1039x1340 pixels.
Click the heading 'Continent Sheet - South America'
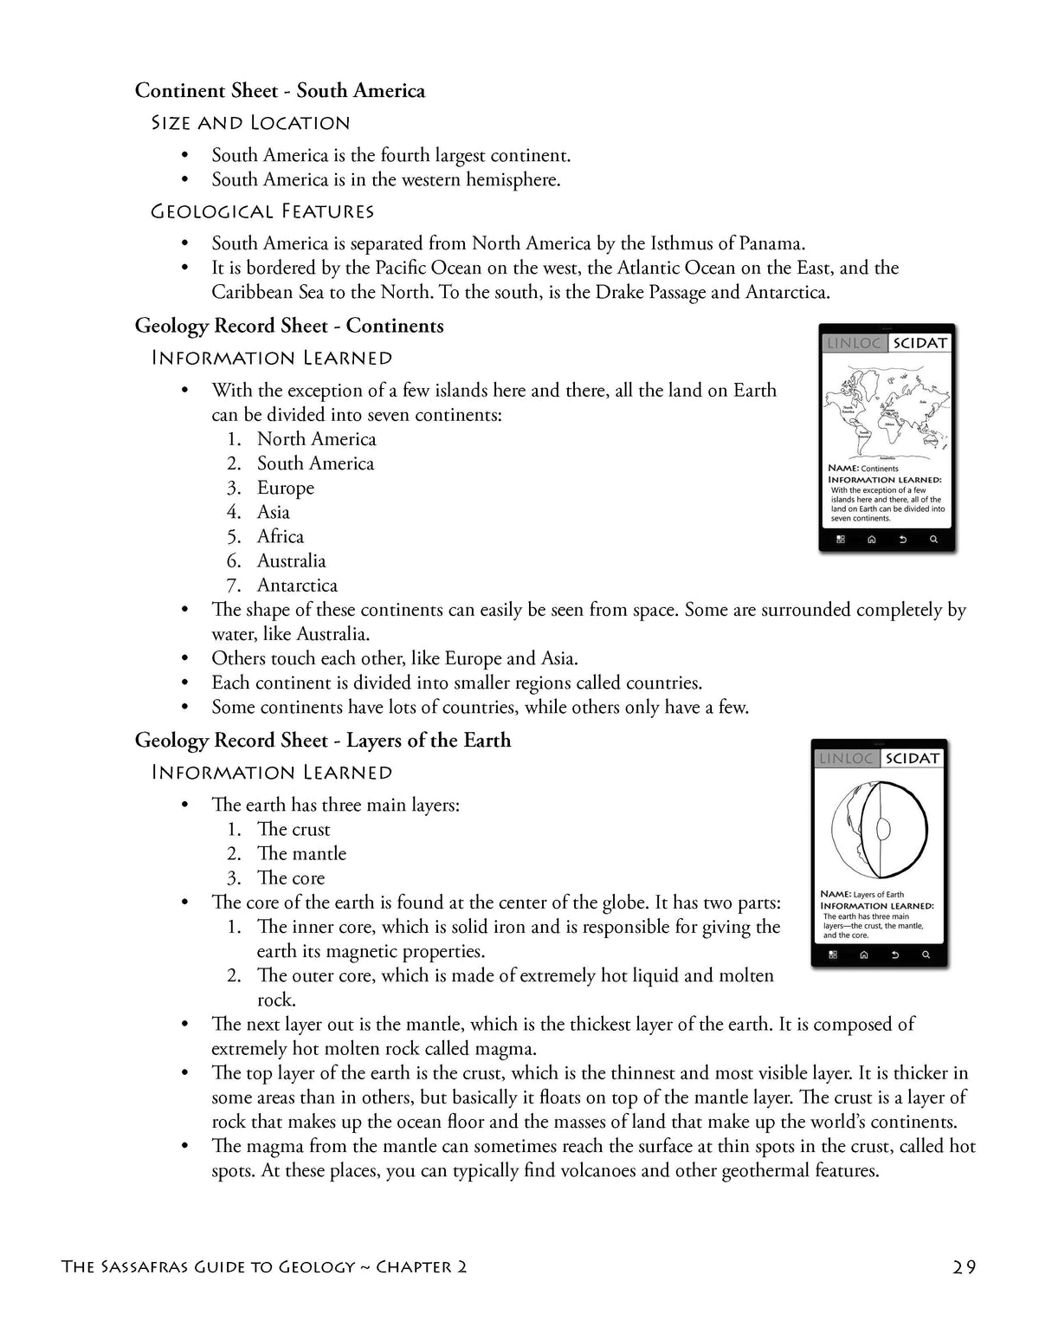coord(280,91)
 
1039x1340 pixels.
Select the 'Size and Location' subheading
coord(250,123)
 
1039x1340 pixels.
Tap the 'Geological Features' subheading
coord(262,211)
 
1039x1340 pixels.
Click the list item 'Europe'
coord(285,488)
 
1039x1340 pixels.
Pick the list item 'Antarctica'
coord(297,586)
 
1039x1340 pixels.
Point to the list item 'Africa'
coord(280,537)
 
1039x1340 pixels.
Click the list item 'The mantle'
coord(301,854)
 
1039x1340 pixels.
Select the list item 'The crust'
coord(294,830)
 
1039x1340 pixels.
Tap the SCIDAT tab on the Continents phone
coord(920,343)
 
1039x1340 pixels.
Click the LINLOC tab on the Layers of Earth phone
coord(845,759)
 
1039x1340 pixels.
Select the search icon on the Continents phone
coord(933,540)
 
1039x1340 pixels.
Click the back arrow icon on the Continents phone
coord(902,540)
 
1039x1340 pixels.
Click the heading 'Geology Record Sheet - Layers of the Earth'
coord(322,741)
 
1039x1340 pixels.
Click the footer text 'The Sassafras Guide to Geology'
coord(208,1267)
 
